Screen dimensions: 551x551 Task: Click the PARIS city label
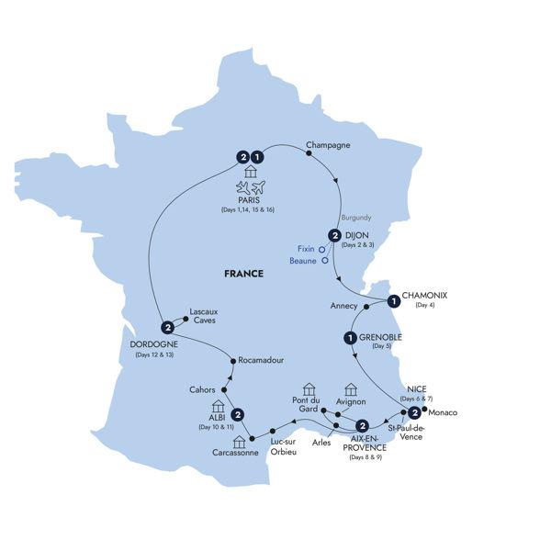click(x=247, y=199)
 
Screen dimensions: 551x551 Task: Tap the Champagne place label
click(x=329, y=144)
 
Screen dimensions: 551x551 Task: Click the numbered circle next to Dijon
click(x=334, y=236)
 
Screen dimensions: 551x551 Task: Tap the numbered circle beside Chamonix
click(x=393, y=300)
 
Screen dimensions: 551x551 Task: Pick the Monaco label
click(x=443, y=412)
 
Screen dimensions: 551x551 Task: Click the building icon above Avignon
click(x=350, y=389)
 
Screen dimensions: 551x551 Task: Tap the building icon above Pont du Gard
click(x=309, y=389)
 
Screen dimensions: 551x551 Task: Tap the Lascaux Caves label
click(x=203, y=317)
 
